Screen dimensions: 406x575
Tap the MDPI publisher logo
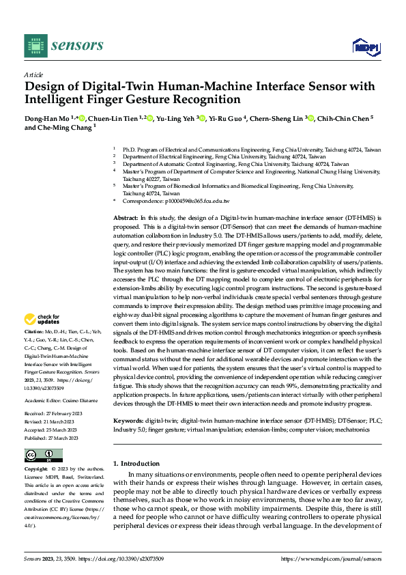pyautogui.click(x=365, y=46)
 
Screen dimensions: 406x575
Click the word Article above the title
pyautogui.click(x=33, y=74)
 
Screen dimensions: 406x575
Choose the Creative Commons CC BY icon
pyautogui.click(x=43, y=455)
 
